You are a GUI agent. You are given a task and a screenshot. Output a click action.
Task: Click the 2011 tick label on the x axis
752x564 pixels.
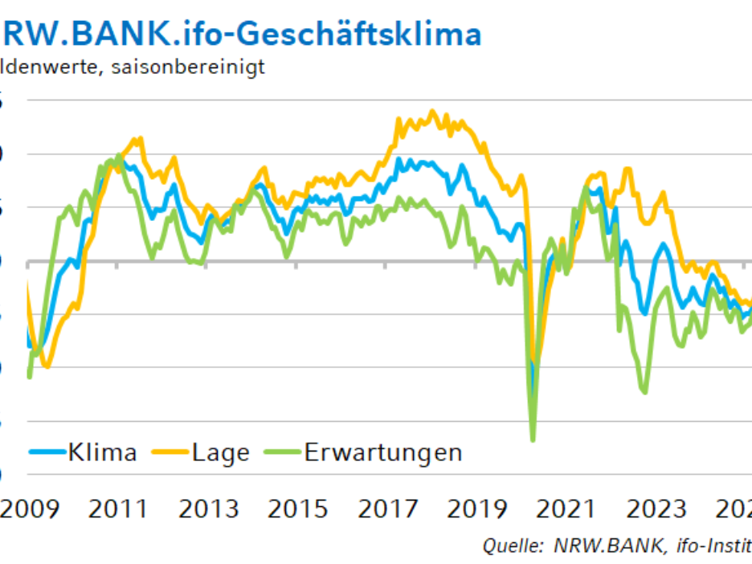119,509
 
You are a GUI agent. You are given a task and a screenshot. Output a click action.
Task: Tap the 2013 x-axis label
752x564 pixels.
210,509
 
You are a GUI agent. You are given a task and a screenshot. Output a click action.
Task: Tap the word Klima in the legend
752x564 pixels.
102,452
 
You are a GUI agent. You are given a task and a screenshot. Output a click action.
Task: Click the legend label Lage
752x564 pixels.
221,452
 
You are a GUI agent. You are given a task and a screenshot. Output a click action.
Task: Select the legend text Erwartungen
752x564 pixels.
383,452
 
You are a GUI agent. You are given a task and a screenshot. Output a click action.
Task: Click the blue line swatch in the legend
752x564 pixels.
47,452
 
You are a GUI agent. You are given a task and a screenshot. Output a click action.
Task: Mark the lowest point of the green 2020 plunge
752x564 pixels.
533,440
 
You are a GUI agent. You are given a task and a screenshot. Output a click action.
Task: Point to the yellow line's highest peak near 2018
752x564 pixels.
433,111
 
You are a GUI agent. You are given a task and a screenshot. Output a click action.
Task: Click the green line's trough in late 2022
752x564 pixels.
645,392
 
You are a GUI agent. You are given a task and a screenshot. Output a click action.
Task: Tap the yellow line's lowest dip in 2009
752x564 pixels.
46,367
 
